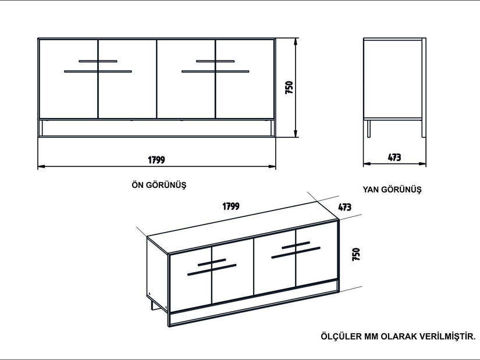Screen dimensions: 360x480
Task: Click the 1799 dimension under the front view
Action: [157, 159]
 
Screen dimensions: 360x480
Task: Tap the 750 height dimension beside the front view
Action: [289, 87]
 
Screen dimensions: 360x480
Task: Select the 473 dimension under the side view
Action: [394, 157]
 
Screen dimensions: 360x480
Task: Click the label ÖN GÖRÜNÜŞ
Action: [159, 185]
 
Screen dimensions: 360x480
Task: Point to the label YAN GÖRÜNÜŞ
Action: [392, 190]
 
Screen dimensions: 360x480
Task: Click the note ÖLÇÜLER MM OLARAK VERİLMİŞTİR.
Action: [398, 336]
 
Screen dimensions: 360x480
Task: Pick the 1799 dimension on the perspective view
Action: [231, 206]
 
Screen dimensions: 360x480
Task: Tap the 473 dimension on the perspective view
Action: [344, 206]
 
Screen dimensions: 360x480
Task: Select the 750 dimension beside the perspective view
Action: [356, 254]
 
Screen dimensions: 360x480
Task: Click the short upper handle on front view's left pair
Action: [98, 60]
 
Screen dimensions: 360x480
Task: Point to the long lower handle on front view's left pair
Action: [98, 72]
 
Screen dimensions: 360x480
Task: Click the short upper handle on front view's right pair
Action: [215, 60]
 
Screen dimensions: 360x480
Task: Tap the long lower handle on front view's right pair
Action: [215, 72]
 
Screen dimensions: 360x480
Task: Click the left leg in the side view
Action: [368, 129]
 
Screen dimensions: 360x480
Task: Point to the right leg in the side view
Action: [422, 129]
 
